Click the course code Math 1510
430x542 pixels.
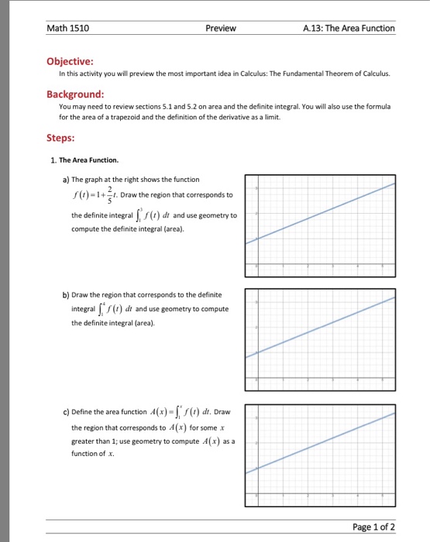[68, 29]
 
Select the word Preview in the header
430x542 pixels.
[221, 29]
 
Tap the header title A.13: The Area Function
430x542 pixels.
[349, 29]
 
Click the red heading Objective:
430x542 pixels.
[71, 60]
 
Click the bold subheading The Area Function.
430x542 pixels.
[89, 160]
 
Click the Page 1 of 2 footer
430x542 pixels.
[373, 527]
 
